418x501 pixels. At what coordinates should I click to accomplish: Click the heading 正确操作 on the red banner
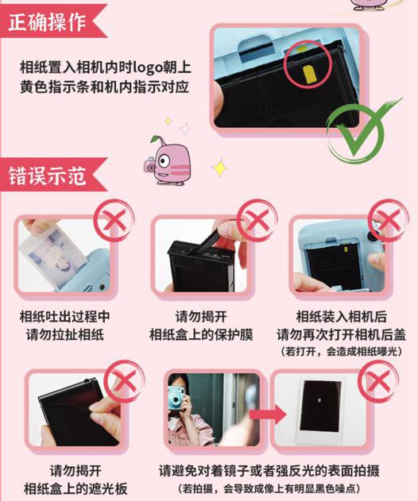pos(47,21)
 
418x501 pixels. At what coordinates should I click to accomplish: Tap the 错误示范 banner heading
pos(47,175)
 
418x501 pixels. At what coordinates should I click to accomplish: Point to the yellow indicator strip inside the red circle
pos(310,75)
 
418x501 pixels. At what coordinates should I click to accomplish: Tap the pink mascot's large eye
pos(164,160)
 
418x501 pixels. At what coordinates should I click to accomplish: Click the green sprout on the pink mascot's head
pos(156,139)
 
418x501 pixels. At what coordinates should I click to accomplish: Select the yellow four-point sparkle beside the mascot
pos(219,168)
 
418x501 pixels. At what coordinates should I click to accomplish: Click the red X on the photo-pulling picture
pos(114,219)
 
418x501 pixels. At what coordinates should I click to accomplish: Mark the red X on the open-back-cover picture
pos(388,219)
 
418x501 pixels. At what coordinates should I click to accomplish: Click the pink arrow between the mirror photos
pos(268,414)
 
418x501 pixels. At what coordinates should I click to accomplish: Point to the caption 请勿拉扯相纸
pos(65,335)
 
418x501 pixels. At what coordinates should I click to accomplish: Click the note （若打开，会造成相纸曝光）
pos(341,352)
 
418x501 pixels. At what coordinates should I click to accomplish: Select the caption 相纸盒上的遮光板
pos(75,489)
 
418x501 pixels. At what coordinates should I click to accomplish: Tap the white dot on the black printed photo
pos(319,399)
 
